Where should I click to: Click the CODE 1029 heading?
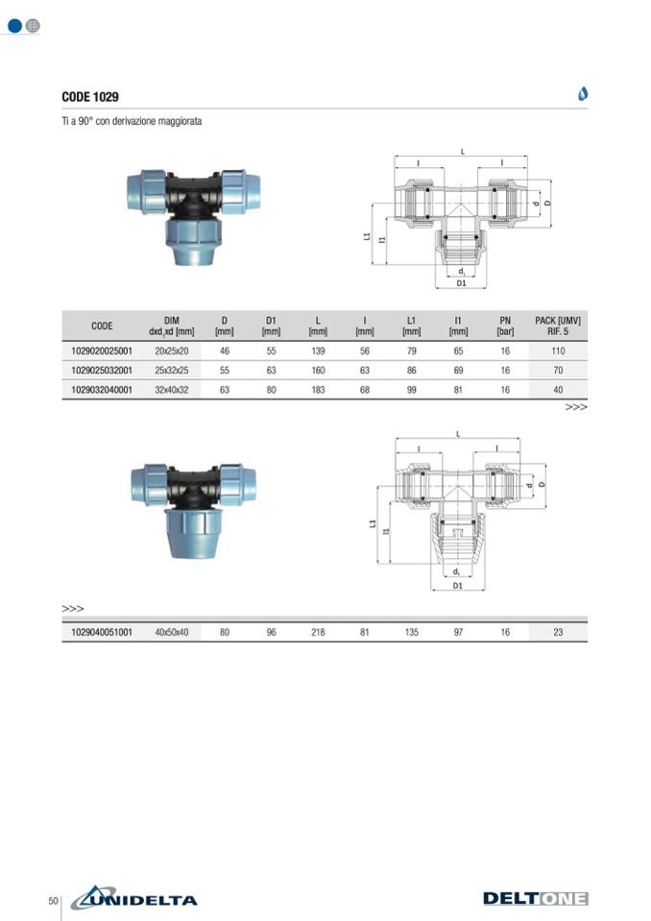[x=90, y=97]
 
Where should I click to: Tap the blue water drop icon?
[x=583, y=93]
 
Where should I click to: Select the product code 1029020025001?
[x=102, y=351]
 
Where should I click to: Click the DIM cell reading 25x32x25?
[x=172, y=370]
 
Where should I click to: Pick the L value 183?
[x=318, y=389]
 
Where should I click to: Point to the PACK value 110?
[x=558, y=351]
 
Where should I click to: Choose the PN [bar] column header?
[x=505, y=326]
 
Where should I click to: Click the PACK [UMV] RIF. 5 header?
[x=558, y=326]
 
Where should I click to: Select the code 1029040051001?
[x=102, y=632]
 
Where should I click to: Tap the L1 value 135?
[x=412, y=632]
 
